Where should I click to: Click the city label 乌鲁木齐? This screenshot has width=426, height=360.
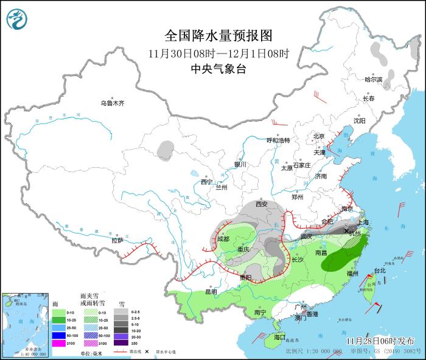(113, 103)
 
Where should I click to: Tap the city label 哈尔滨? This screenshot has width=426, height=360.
(373, 80)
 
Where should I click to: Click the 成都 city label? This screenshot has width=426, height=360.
(224, 238)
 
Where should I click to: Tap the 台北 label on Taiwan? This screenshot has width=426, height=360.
(380, 270)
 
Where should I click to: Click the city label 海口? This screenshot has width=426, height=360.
(279, 336)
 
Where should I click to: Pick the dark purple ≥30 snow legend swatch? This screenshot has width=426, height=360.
(124, 344)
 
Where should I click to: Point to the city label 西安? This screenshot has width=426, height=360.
(262, 204)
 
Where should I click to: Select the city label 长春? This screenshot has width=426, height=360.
(369, 98)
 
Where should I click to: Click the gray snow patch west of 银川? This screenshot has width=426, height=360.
(165, 148)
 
